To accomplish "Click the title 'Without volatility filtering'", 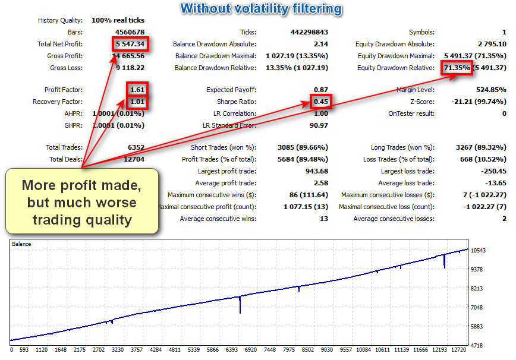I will [261, 8].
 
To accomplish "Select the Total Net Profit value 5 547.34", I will [130, 44].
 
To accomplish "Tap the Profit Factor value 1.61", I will [138, 90].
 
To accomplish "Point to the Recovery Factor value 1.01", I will [138, 102].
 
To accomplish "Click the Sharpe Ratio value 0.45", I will [320, 102].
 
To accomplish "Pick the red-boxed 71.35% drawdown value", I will [457, 68].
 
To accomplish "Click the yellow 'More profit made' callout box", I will [82, 202].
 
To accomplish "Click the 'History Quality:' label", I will [60, 20].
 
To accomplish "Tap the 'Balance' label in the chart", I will [22, 244].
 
